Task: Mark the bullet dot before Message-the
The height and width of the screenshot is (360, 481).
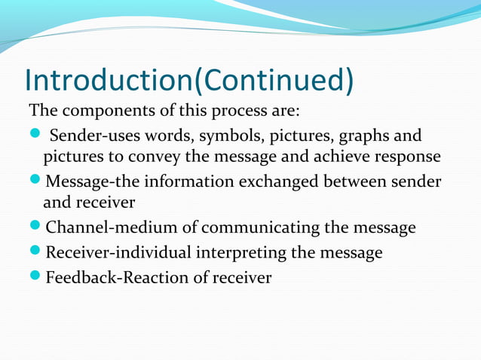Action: [35, 182]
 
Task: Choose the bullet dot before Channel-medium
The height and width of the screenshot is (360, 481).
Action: [35, 228]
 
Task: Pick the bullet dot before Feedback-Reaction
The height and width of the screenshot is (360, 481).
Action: [35, 278]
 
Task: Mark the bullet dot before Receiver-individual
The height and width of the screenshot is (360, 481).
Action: [35, 253]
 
